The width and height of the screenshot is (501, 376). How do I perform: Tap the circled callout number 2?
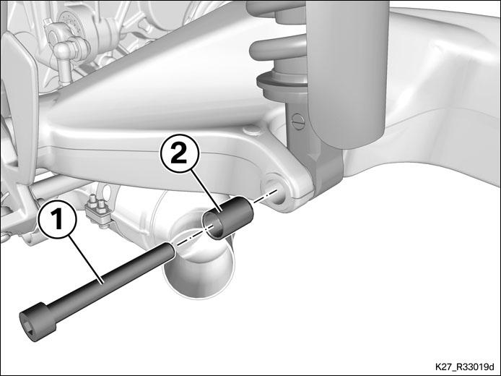pyautogui.click(x=179, y=153)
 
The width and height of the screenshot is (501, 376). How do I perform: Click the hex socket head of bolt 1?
pyautogui.click(x=33, y=321)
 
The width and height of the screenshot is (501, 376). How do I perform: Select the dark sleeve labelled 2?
pyautogui.click(x=228, y=218)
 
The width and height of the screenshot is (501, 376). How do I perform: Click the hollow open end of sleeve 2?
pyautogui.click(x=212, y=226)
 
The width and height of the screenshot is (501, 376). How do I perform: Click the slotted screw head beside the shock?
pyautogui.click(x=297, y=121)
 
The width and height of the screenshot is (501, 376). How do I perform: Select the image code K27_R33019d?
pyautogui.click(x=464, y=366)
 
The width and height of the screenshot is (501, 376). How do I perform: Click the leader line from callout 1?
pyautogui.click(x=86, y=260)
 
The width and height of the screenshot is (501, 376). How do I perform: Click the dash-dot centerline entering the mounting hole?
pyautogui.click(x=265, y=196)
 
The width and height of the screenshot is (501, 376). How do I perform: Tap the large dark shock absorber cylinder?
pyautogui.click(x=347, y=74)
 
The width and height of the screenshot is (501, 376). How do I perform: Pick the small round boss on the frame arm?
pyautogui.click(x=250, y=131)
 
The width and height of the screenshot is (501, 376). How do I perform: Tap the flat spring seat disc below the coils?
pyautogui.click(x=281, y=84)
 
